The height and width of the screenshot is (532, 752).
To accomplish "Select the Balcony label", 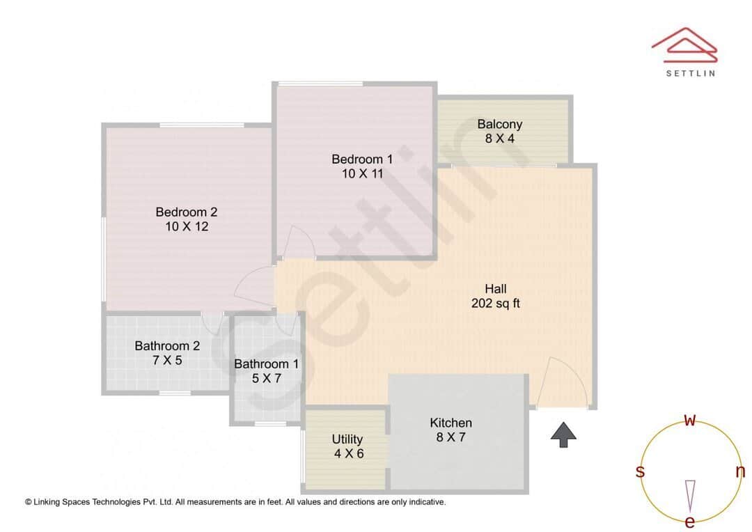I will [x=499, y=125].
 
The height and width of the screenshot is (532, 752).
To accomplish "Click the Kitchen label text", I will [x=451, y=423].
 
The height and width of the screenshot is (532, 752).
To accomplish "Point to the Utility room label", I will [x=347, y=439].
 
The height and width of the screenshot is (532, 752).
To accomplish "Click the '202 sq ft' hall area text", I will [x=496, y=304].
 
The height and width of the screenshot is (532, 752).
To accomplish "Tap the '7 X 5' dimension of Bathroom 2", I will [x=167, y=360].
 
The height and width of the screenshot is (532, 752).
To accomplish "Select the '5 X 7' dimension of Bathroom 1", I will [x=266, y=378].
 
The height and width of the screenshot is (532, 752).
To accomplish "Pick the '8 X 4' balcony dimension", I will [x=499, y=139].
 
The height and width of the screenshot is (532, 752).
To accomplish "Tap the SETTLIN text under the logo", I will [x=690, y=72].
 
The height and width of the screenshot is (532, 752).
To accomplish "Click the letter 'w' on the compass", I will [x=690, y=420].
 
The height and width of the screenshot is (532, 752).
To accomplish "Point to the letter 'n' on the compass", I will [x=740, y=472].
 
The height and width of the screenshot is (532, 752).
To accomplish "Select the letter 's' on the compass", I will [x=640, y=472].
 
